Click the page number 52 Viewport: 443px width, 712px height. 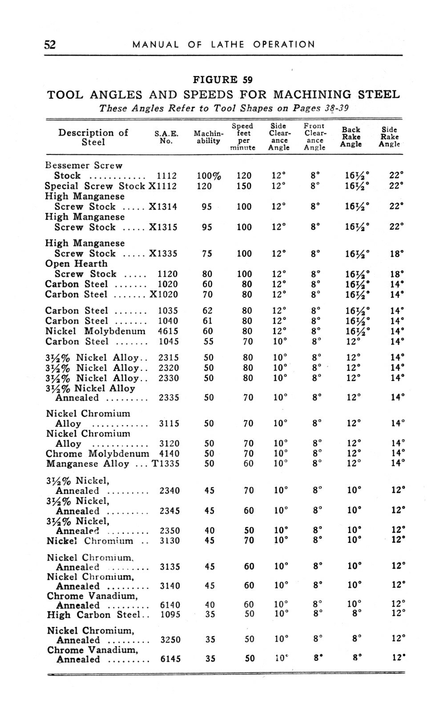tap(49, 44)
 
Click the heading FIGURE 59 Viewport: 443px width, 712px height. tap(222, 80)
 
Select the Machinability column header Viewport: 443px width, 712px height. tap(208, 137)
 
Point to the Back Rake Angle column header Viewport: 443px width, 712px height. tap(351, 137)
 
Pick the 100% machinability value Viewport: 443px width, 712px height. tap(209, 176)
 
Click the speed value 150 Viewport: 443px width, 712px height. tap(244, 186)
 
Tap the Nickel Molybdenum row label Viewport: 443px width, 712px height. tap(95, 331)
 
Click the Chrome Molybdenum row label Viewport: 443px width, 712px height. tap(97, 454)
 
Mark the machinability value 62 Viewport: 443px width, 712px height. tap(208, 311)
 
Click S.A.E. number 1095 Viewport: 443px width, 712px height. tap(169, 615)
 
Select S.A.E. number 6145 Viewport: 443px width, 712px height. tap(170, 659)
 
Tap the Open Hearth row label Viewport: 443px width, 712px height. tap(76, 264)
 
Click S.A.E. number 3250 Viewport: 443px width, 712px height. tap(170, 640)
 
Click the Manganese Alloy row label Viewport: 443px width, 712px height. tap(88, 464)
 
